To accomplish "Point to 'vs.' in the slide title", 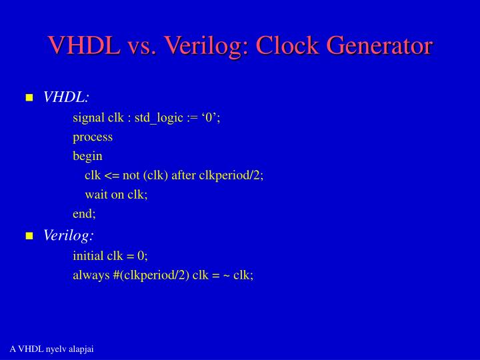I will coord(141,45).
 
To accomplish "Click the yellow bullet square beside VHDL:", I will coord(29,98).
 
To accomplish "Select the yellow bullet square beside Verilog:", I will coord(29,236).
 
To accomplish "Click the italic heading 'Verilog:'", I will coord(69,235).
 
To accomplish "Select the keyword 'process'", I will coord(93,137).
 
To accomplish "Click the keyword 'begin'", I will coord(87,157).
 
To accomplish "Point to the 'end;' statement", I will coord(84,213).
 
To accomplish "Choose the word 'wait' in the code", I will coord(95,194).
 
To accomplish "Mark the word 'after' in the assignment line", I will coord(184,175).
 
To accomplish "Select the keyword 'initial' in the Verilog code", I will coord(87,255).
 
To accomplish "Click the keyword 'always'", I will coord(89,275).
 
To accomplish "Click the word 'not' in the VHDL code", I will coord(131,175).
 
